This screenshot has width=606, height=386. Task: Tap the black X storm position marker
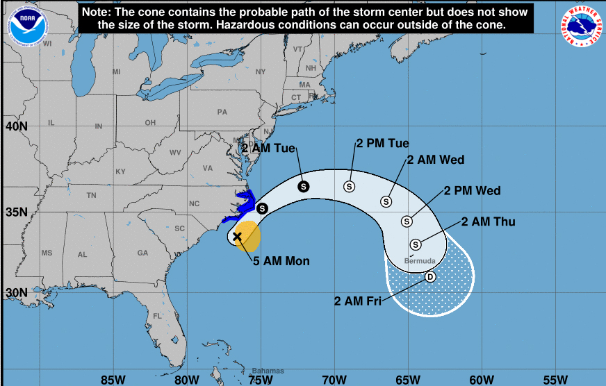pos(238,237)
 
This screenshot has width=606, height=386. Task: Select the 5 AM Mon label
pos(281,261)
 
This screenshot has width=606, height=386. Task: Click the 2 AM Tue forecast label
pos(269,148)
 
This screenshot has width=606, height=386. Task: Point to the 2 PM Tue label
pos(382,144)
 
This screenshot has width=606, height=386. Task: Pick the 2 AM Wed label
pos(436,160)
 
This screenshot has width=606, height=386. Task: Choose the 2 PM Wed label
pos(472,190)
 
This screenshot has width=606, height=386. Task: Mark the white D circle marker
pos(430,277)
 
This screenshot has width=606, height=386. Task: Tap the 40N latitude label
pos(16,126)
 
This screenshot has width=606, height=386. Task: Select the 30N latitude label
pos(16,292)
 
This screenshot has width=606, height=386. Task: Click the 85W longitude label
pos(113,379)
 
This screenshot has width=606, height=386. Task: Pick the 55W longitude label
pos(555,379)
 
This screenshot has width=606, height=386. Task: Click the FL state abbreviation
pos(157,316)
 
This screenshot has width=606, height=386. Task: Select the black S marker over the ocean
pos(303,186)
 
